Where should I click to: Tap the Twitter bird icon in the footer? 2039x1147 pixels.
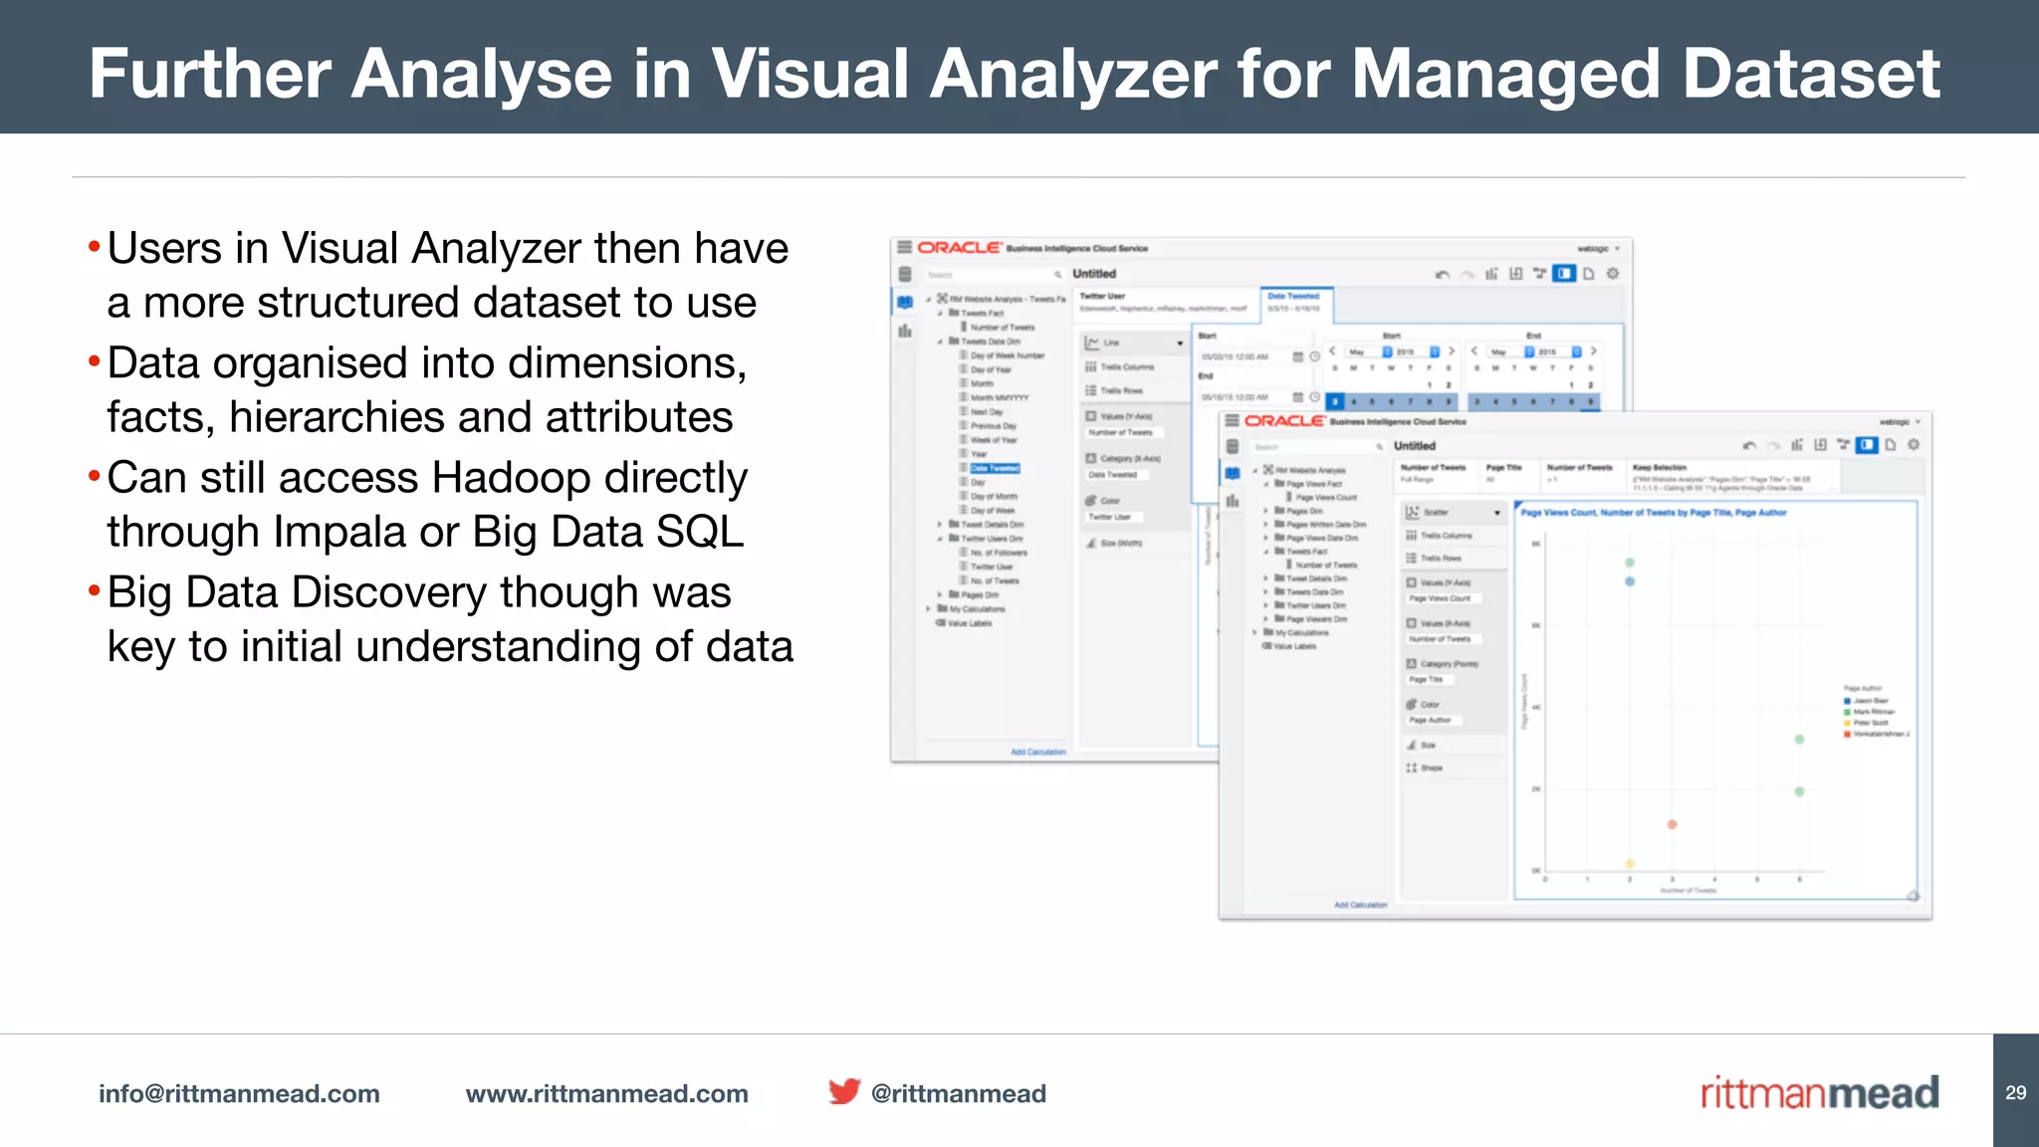(844, 1091)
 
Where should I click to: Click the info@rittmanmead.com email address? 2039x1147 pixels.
(239, 1093)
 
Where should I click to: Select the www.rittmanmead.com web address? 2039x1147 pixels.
(606, 1093)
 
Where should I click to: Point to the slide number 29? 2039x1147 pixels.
(2015, 1092)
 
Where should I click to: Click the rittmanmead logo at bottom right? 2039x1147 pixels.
(1819, 1093)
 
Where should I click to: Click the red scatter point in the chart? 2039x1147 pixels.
(1672, 824)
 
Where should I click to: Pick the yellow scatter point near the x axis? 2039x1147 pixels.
(1630, 863)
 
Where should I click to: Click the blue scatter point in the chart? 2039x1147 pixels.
(1630, 581)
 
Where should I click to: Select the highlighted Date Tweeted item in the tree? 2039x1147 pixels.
(995, 468)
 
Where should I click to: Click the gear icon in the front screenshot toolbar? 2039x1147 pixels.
(1913, 445)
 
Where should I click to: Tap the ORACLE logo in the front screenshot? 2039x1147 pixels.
(1284, 421)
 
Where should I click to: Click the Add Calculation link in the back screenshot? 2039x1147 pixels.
(1038, 752)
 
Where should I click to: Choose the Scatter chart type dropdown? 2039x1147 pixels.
(1455, 512)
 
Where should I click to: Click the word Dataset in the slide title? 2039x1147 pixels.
(1811, 75)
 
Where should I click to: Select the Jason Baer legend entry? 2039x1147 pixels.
(1870, 701)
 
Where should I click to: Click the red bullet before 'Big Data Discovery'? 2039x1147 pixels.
(95, 591)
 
